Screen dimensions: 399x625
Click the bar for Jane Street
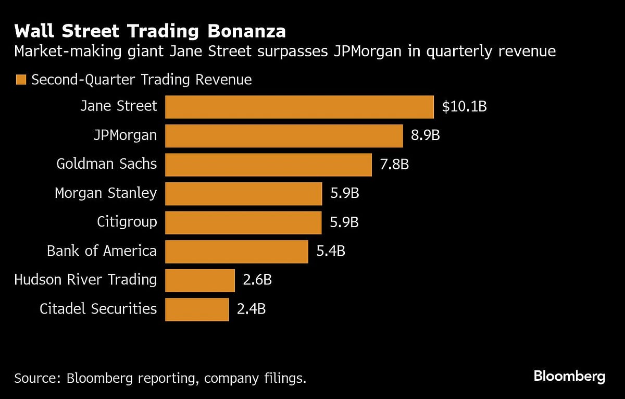(x=299, y=107)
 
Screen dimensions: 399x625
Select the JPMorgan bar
(x=284, y=136)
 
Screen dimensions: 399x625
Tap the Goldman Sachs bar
(x=268, y=165)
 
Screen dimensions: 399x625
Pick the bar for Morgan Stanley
(x=244, y=194)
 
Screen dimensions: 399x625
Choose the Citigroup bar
(x=243, y=222)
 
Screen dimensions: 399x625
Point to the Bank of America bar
(x=236, y=252)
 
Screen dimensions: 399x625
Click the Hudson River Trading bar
(x=200, y=280)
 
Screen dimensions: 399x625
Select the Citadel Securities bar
(x=197, y=309)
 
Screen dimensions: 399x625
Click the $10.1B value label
(x=464, y=107)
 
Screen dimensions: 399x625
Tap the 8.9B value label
(x=426, y=136)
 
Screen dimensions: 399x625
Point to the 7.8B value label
(x=394, y=165)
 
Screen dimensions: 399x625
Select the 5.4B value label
(x=331, y=252)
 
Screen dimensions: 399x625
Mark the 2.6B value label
(x=257, y=280)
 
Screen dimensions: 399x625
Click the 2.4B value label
(x=251, y=309)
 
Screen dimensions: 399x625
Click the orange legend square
(x=21, y=80)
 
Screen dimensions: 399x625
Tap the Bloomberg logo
(x=569, y=377)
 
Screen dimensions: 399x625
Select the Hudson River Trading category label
(x=85, y=280)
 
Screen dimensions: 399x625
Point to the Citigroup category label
(x=127, y=222)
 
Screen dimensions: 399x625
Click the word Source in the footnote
(x=34, y=378)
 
